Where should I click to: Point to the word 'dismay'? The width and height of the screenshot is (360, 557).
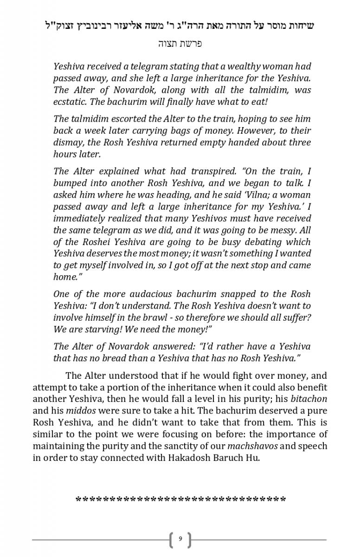click(67, 142)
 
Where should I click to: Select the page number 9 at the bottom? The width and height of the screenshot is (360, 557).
click(180, 539)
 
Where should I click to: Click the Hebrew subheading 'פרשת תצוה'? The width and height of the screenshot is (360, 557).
click(180, 44)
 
